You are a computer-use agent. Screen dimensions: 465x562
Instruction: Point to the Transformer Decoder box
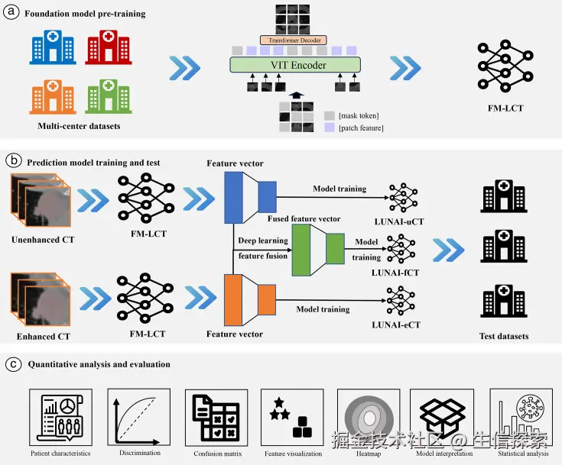[x=294, y=40]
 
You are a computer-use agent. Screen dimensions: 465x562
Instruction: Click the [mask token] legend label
[x=359, y=115]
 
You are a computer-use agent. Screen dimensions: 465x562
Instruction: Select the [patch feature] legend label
[x=361, y=128]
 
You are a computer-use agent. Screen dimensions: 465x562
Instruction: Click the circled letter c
[x=12, y=363]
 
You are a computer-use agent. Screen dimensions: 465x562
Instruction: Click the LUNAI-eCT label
[x=398, y=325]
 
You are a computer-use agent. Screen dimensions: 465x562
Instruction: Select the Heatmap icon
[x=368, y=416]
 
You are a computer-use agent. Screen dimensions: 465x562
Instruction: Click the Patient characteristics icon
[x=60, y=416]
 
